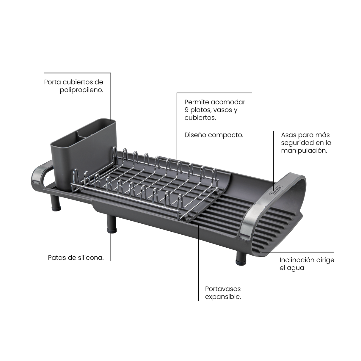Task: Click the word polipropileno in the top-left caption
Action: [82, 90]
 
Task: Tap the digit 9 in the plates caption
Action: [186, 110]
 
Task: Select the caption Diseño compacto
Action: [214, 135]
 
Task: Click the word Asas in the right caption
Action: [289, 135]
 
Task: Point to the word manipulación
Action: [304, 151]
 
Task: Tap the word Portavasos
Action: [223, 289]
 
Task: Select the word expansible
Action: [223, 297]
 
